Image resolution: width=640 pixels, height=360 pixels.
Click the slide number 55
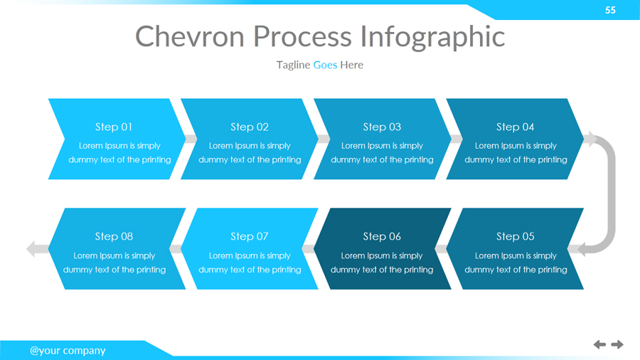point(610,10)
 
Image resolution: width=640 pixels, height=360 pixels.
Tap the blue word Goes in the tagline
point(325,65)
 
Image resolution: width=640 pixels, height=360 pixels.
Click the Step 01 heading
point(114,127)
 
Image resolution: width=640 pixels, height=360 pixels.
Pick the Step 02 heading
point(250,127)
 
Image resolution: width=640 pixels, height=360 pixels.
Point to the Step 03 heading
point(382,127)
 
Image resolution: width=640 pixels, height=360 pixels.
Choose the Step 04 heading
point(515,127)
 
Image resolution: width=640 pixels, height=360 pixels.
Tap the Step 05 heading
point(515,236)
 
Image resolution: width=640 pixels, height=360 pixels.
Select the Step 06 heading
point(382,236)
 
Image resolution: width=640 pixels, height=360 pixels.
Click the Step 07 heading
point(250,236)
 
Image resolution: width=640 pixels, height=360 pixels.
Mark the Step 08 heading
point(114,236)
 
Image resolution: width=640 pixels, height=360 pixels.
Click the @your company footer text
point(68,350)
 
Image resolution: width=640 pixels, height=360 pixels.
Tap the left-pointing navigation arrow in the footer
point(599,344)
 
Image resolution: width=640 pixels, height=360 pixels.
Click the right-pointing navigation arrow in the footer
point(617,344)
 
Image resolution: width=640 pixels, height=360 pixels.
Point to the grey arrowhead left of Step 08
point(31,249)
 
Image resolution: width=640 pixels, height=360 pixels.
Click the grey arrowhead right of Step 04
point(590,139)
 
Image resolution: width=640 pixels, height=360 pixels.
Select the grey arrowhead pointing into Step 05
point(582,249)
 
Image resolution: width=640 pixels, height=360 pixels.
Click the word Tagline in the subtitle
point(293,65)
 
